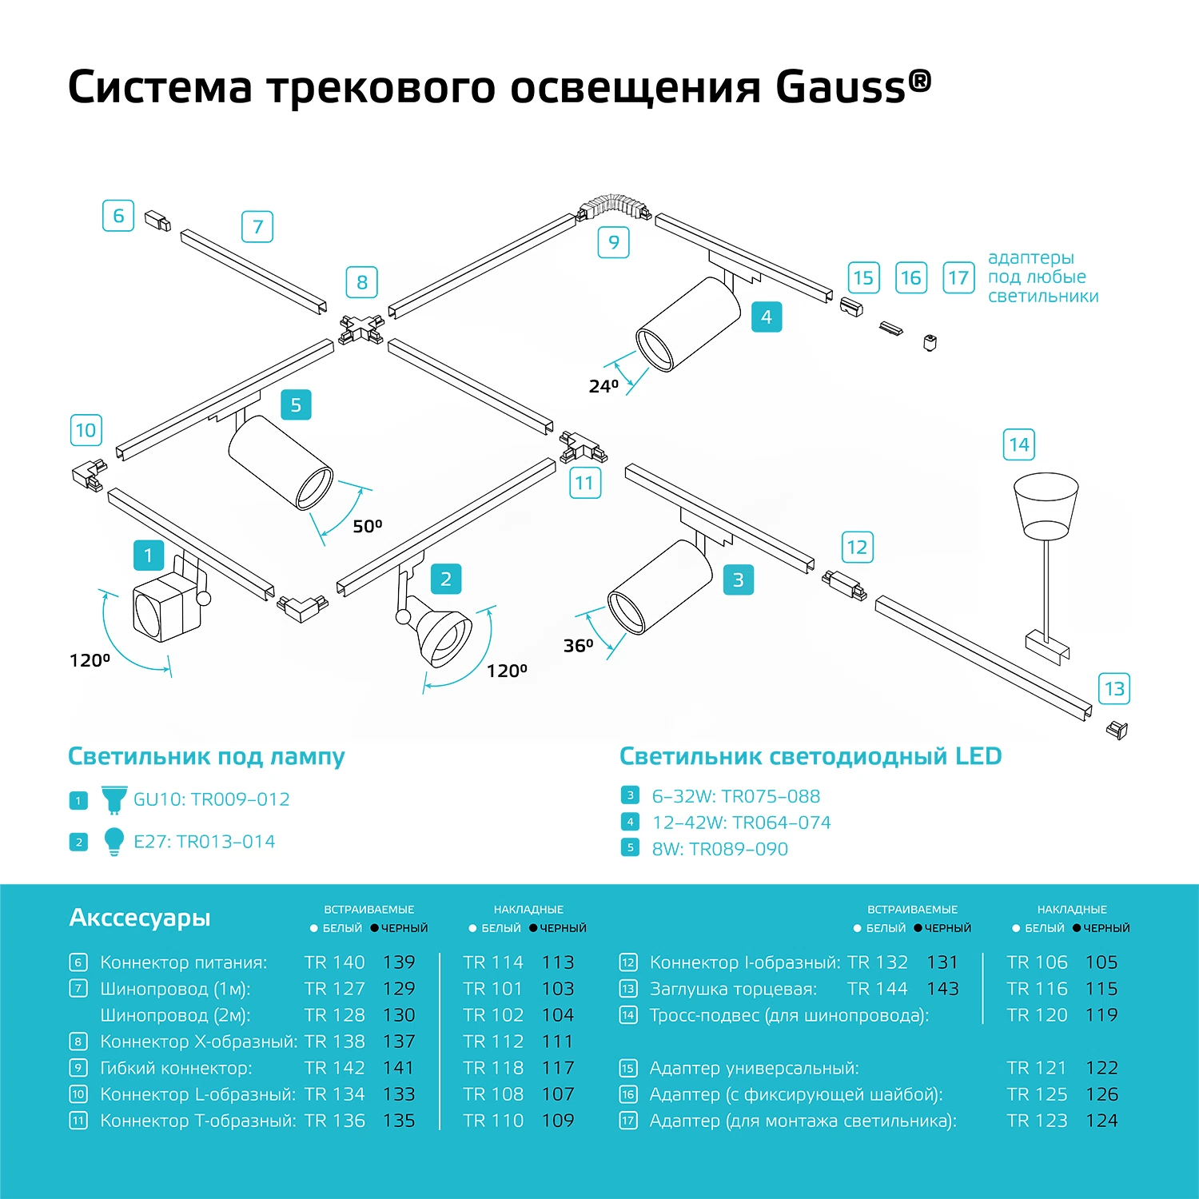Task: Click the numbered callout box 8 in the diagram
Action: [361, 282]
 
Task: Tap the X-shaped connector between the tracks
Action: [361, 327]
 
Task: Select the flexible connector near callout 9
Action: [614, 205]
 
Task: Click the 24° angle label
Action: [603, 387]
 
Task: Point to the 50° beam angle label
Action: [368, 526]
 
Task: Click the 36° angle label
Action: [578, 645]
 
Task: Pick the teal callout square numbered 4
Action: [766, 317]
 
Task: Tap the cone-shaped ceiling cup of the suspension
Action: [1046, 504]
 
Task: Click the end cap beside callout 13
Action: [1117, 729]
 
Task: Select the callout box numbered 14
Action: [1018, 444]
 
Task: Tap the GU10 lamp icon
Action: [114, 799]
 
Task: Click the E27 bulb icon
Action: [114, 841]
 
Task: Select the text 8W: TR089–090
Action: [719, 849]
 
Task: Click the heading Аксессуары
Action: [140, 917]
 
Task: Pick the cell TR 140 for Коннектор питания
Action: [334, 962]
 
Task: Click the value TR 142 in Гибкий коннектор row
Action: [334, 1068]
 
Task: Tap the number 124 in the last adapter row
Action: [1101, 1121]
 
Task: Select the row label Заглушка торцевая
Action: [733, 989]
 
